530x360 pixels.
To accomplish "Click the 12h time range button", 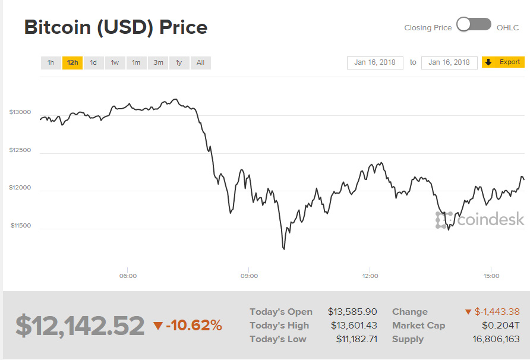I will coord(72,62).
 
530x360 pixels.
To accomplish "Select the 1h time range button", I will coord(51,62).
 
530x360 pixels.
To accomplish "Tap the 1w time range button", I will coord(115,62).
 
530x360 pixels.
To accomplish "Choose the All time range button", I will coord(200,62).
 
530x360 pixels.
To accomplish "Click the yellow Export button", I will coord(503,62).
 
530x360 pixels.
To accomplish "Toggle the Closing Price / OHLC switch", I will coord(474,25).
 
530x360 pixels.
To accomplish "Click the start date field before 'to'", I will coord(375,62).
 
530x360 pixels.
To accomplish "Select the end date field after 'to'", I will coord(449,62).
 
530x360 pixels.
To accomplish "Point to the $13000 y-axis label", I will coord(20,112).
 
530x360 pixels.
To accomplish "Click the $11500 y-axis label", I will coord(20,226).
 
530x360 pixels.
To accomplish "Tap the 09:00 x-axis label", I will coord(249,276).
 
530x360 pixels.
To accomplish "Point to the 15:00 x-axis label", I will coord(491,276).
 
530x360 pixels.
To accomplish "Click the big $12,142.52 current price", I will coord(80,326).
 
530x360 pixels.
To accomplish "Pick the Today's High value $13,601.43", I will coord(352,326).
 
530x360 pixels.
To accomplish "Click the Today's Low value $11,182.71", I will coord(352,339).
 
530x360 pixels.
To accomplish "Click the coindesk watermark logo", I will coord(481,220).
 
